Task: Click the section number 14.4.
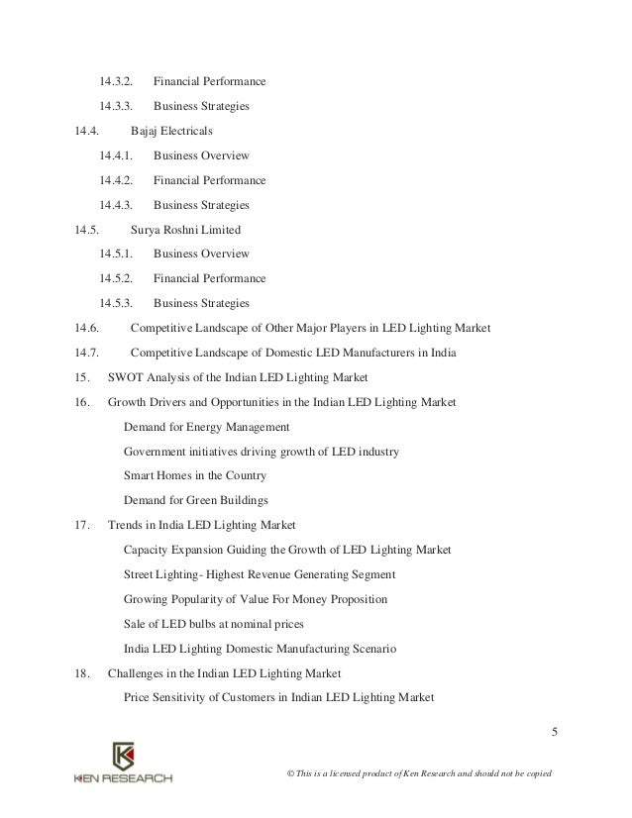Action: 86,131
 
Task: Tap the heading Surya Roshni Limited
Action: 185,230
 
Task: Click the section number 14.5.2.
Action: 117,278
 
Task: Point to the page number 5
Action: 555,733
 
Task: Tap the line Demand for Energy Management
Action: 206,427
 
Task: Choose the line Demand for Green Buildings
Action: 196,500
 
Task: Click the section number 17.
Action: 82,525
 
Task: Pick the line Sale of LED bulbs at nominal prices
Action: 213,624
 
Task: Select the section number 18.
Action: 82,673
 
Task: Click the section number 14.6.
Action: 86,328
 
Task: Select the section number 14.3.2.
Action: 117,81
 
